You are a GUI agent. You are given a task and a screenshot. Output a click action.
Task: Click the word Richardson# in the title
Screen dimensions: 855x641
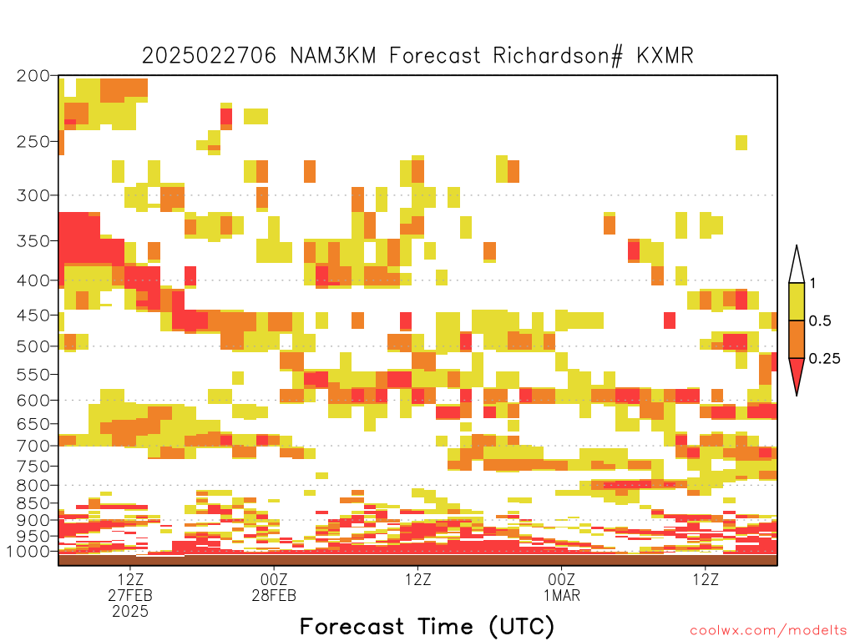coord(557,56)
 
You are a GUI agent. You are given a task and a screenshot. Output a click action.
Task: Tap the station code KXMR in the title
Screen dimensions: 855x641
coord(665,56)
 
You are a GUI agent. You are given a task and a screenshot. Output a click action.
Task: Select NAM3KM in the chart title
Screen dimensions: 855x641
coord(332,56)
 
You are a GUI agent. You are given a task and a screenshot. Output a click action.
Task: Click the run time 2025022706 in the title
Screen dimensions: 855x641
coord(209,56)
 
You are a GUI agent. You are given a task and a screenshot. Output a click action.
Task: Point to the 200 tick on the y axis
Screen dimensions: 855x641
coord(33,76)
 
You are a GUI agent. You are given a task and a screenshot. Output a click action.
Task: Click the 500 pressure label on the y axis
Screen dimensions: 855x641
coord(33,346)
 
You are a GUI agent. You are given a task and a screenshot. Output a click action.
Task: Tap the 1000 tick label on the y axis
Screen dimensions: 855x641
coord(28,552)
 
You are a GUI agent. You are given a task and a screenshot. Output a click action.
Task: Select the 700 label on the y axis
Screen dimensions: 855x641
coord(33,446)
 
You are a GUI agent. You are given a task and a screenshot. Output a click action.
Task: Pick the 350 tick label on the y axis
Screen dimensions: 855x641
coord(33,241)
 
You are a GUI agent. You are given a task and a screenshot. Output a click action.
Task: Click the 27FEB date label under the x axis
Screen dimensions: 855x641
coord(130,595)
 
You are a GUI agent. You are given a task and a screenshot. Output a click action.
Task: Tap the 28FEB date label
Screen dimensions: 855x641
coord(274,595)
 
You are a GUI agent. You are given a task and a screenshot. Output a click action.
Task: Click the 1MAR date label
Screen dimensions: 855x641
coord(562,595)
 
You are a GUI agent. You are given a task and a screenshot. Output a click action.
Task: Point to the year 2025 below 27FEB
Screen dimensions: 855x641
coord(130,612)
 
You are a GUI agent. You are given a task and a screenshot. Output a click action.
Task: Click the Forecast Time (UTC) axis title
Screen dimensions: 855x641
coord(427,626)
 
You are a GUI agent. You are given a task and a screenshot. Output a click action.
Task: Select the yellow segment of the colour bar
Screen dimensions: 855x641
coord(797,301)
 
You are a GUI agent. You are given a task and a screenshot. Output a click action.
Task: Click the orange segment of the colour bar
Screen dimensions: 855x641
coord(797,339)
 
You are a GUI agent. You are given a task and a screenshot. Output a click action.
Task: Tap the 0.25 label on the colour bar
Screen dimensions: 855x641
coord(824,358)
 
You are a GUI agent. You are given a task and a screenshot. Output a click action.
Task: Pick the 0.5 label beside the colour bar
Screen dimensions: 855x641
coord(820,320)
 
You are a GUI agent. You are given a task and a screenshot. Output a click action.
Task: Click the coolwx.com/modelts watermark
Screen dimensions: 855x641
coord(768,631)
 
